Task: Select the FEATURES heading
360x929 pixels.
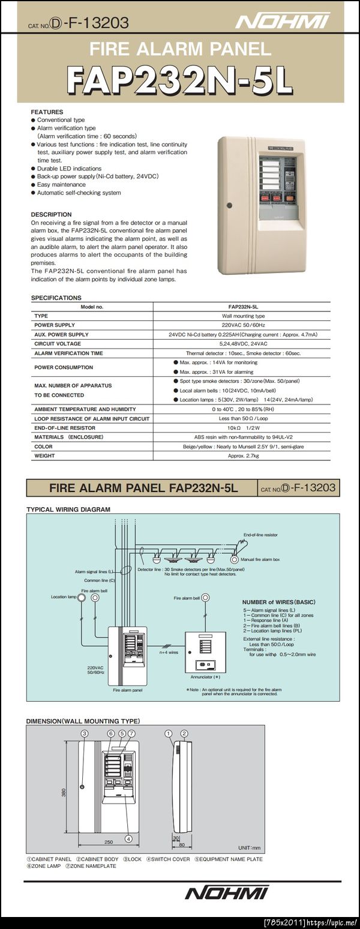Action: [x=47, y=112]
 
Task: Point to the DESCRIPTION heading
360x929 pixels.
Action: [x=51, y=214]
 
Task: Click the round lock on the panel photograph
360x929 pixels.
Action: [x=229, y=206]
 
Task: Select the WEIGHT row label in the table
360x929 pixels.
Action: [x=44, y=455]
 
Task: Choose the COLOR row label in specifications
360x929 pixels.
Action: [x=43, y=446]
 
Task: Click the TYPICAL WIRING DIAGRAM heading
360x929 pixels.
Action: [x=68, y=509]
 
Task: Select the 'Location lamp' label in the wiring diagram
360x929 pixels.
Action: [x=63, y=597]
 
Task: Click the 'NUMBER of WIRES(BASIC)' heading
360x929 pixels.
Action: [x=278, y=602]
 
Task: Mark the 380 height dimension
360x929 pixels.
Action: [x=64, y=792]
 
